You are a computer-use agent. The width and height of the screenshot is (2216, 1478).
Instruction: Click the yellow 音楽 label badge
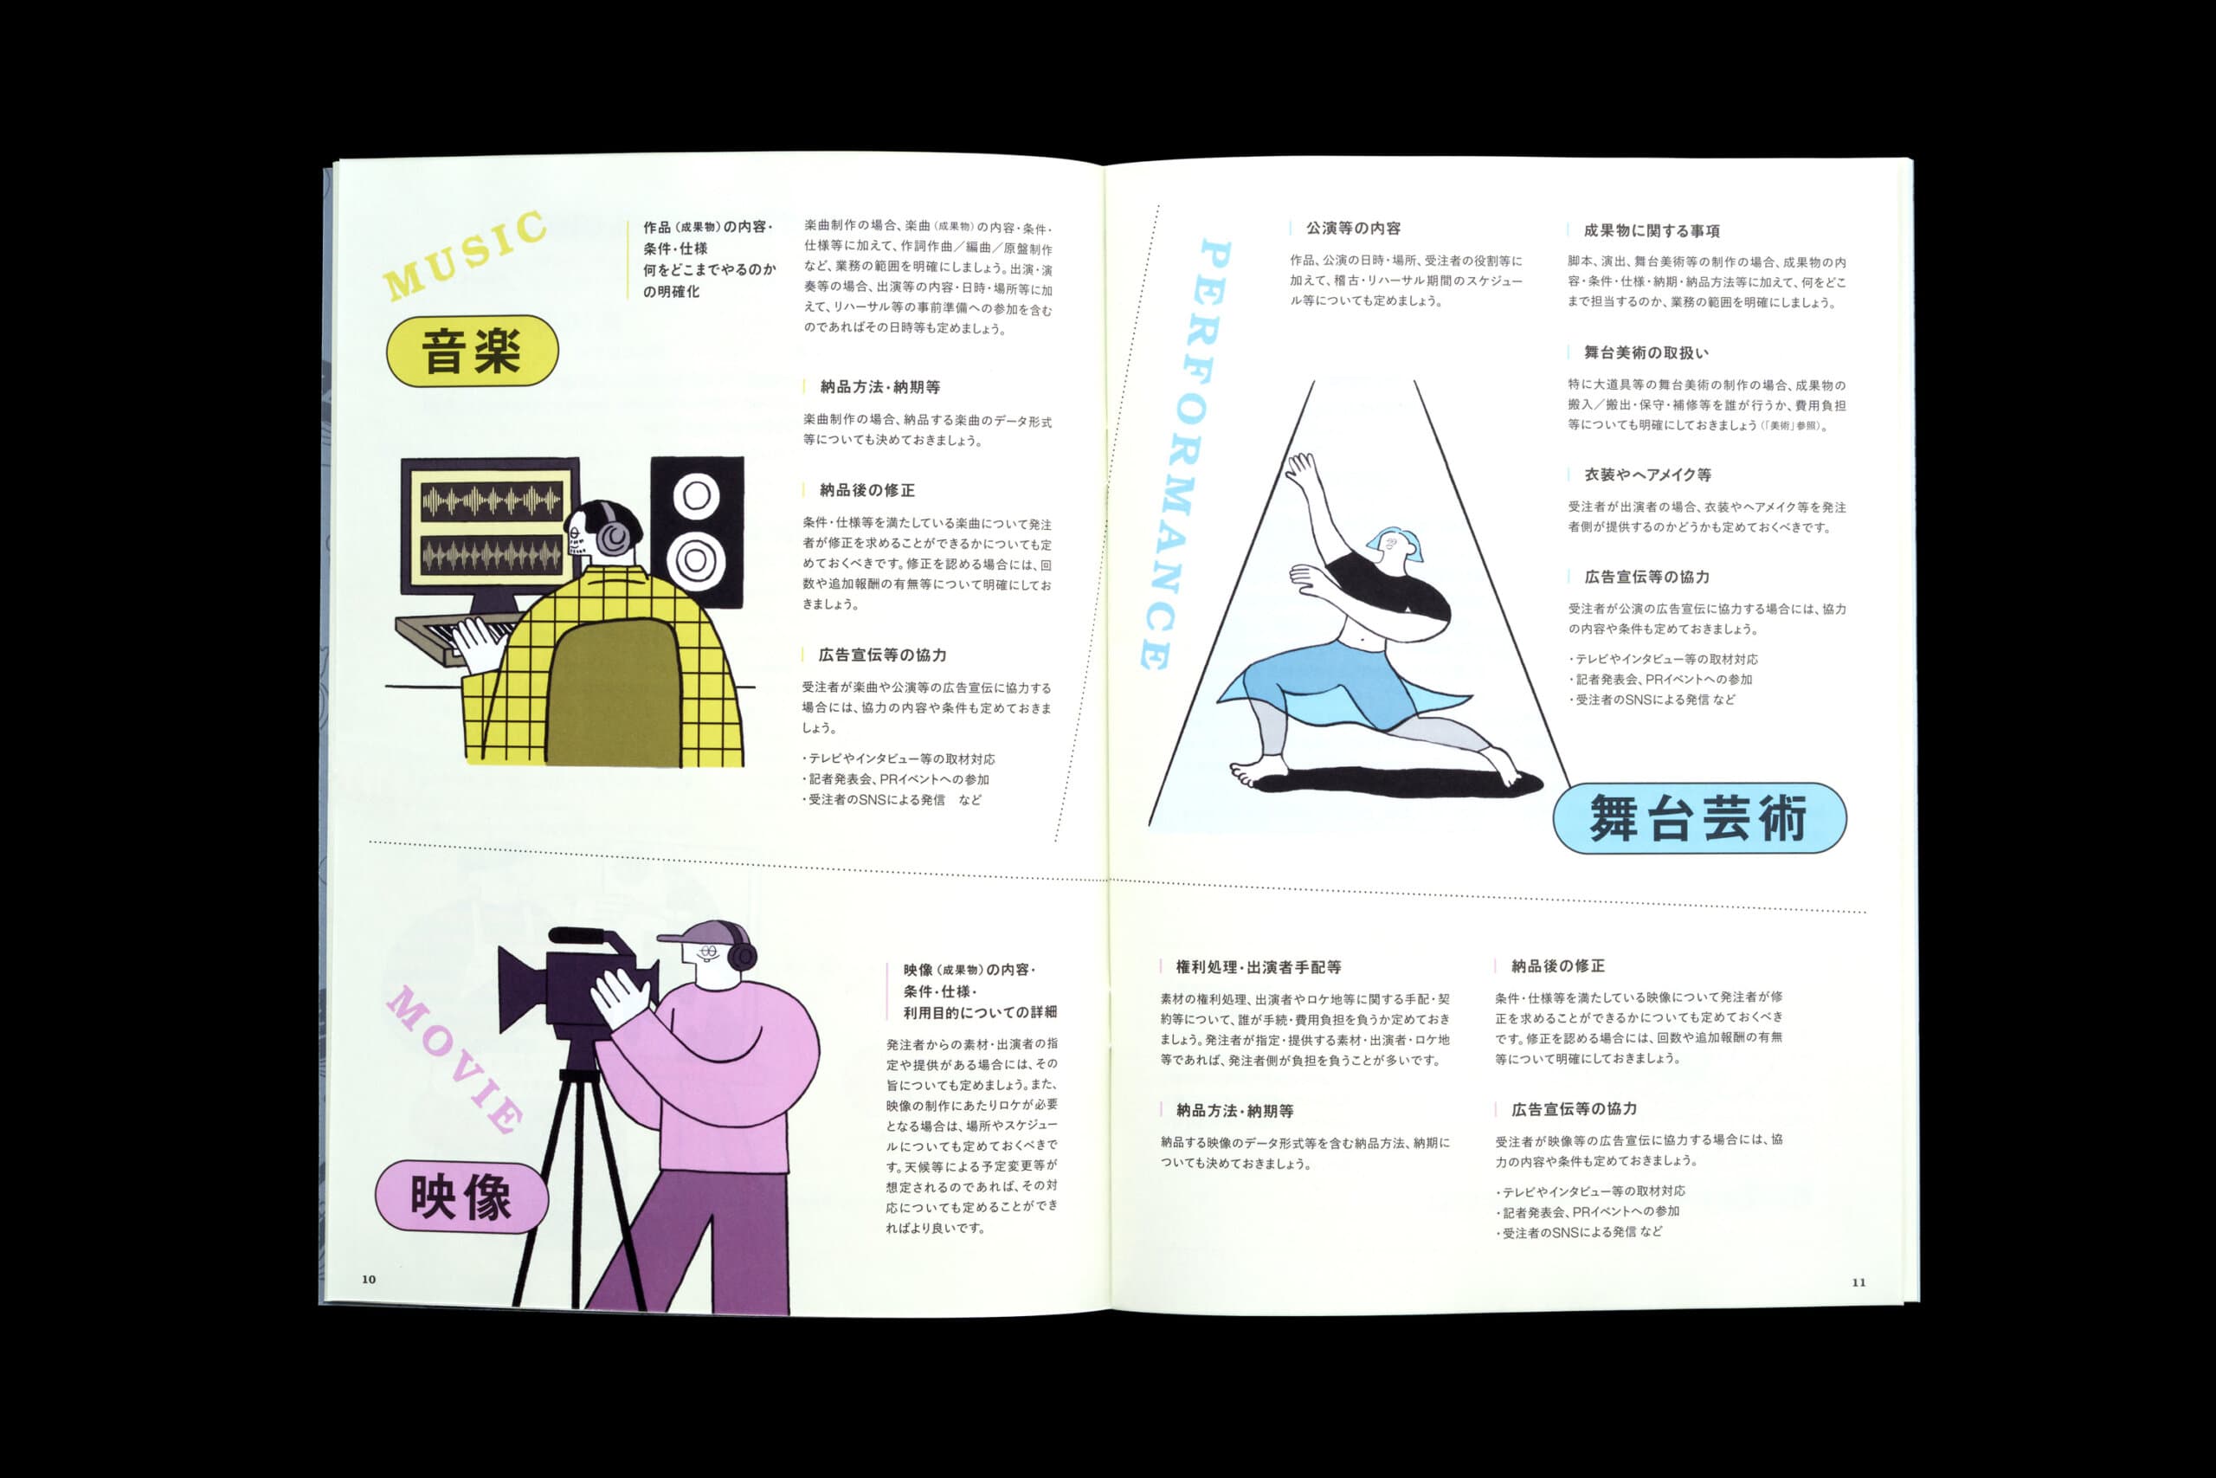pyautogui.click(x=472, y=351)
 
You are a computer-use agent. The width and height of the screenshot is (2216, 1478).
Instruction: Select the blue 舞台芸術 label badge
pyautogui.click(x=1698, y=817)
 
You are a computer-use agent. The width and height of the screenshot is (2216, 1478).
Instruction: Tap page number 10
pyautogui.click(x=369, y=1279)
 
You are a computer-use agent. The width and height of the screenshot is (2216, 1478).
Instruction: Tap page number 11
pyautogui.click(x=1858, y=1282)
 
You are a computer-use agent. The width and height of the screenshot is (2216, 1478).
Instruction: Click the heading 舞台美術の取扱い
pyautogui.click(x=1645, y=352)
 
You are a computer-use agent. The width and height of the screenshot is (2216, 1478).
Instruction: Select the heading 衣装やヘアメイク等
pyautogui.click(x=1647, y=474)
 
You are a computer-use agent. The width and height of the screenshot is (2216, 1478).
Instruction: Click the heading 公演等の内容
pyautogui.click(x=1353, y=228)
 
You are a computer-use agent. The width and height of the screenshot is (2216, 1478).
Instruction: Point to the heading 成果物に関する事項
pyautogui.click(x=1652, y=230)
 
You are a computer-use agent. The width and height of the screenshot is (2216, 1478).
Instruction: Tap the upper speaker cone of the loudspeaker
pyautogui.click(x=696, y=496)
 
